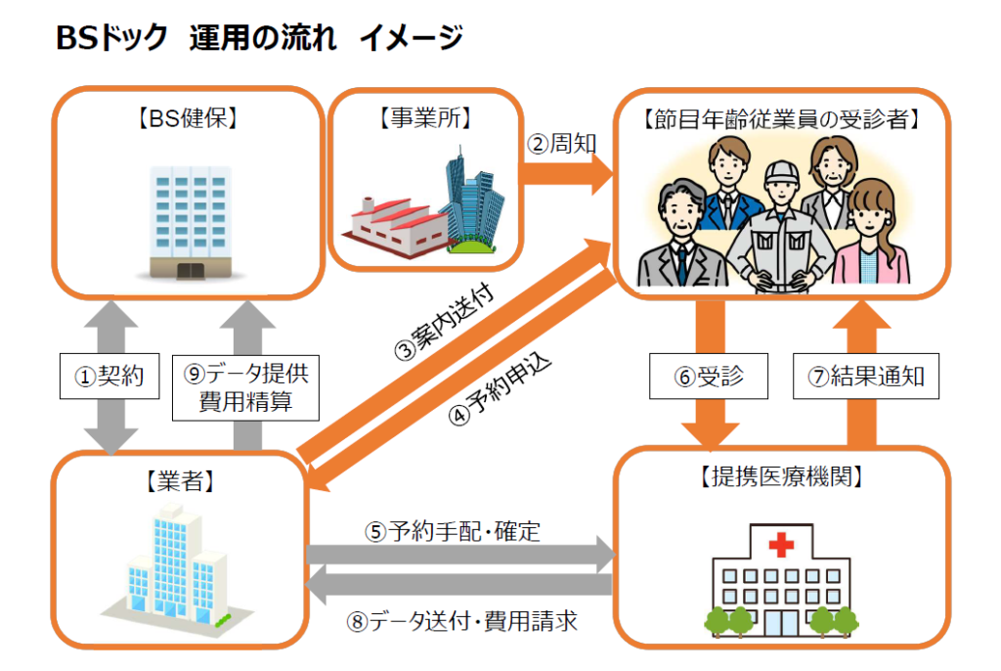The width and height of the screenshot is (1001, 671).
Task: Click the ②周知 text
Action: (x=562, y=145)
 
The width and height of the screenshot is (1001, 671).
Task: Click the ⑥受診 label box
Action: (x=696, y=377)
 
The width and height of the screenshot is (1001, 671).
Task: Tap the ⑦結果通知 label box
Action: (x=865, y=377)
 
